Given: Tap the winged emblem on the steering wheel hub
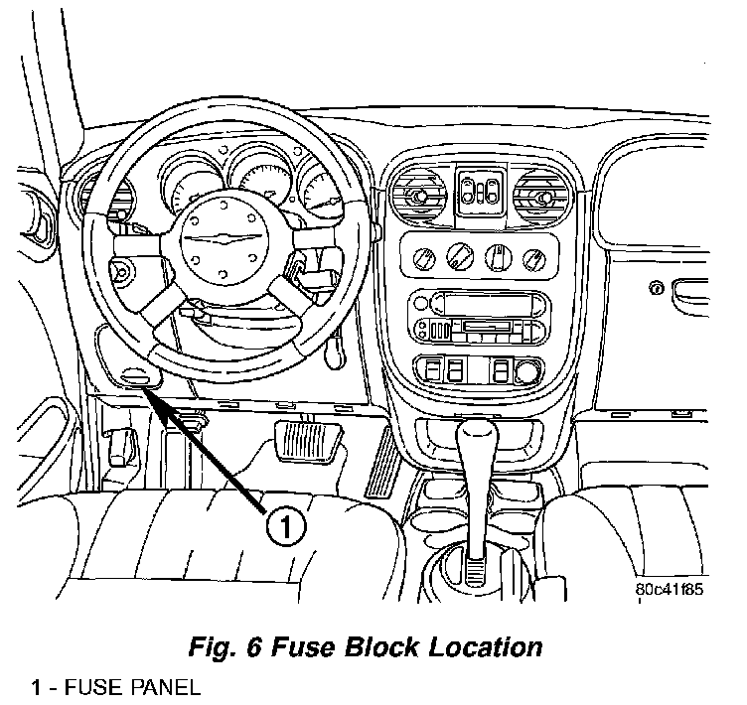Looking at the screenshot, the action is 224,238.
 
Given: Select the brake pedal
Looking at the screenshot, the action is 308,441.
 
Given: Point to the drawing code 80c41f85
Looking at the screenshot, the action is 670,589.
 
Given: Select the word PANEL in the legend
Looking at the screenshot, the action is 165,688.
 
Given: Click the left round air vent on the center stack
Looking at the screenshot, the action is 418,194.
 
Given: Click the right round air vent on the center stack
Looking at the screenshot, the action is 541,196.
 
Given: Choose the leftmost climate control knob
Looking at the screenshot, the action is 423,259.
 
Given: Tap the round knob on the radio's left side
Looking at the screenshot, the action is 420,303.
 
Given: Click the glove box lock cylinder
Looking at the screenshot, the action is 657,288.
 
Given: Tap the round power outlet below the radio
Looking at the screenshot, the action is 527,371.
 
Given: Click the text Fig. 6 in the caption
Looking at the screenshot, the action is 224,646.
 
